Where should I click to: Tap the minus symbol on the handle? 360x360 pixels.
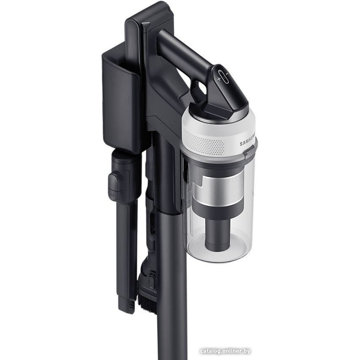227,74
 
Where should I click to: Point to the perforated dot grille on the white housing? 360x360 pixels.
203,140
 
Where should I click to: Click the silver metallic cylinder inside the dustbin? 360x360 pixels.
216,185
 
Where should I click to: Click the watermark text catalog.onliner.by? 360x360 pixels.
225,351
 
